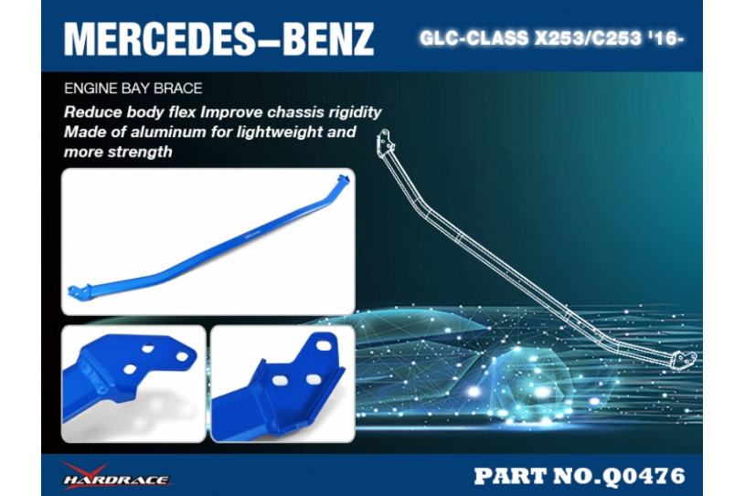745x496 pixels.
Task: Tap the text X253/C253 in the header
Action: (x=587, y=38)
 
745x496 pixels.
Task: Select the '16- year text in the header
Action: (x=665, y=38)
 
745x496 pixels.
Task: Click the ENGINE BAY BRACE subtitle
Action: (x=133, y=89)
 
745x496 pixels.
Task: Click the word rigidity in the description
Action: (x=355, y=112)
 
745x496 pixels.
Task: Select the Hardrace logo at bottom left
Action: (x=116, y=475)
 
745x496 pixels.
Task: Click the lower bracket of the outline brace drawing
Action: (x=684, y=359)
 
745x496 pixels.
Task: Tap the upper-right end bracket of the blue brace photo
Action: (x=343, y=180)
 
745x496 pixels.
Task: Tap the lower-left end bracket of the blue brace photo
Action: (x=80, y=291)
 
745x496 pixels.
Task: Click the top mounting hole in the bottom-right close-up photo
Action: (x=324, y=345)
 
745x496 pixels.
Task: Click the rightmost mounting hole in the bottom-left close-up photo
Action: (x=183, y=355)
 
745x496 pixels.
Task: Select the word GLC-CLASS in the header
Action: (x=474, y=38)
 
